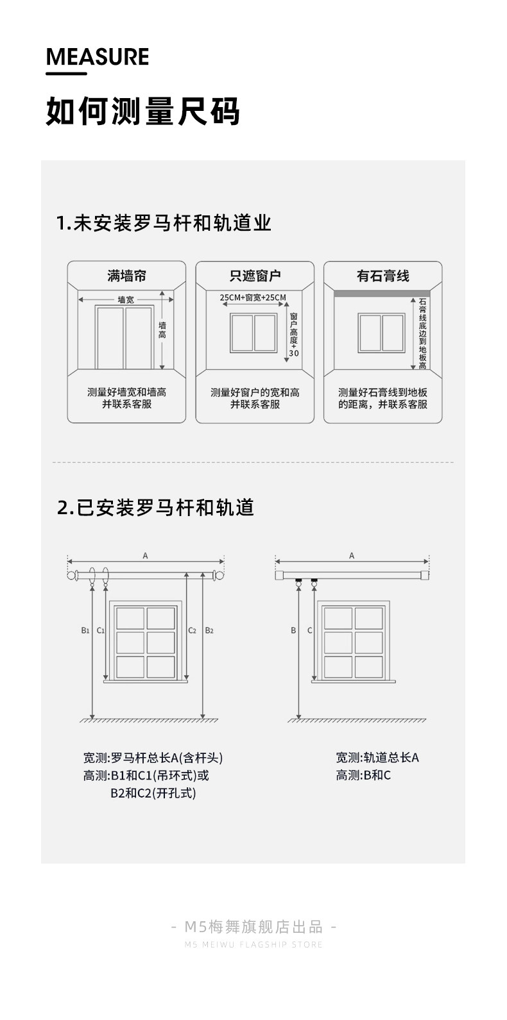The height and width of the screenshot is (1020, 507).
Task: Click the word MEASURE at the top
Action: click(98, 57)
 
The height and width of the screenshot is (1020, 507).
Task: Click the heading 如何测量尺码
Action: click(142, 112)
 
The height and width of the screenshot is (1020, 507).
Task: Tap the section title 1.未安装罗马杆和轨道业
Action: click(164, 223)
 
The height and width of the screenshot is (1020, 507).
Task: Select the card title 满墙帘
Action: click(126, 276)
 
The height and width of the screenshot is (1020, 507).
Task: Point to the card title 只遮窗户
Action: click(255, 276)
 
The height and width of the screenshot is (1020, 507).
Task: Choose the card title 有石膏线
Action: click(382, 276)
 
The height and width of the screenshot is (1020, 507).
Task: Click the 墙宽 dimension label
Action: click(126, 299)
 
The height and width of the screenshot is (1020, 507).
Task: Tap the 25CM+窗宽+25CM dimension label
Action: click(252, 297)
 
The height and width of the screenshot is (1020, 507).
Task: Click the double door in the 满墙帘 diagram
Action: click(125, 337)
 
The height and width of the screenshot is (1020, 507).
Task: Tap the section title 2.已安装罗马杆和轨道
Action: click(156, 508)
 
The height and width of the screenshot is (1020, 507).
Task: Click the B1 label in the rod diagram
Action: click(85, 630)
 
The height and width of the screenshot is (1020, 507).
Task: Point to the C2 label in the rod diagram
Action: click(192, 630)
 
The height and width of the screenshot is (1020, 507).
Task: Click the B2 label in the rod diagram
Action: click(209, 630)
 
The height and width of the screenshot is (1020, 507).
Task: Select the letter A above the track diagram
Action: click(352, 556)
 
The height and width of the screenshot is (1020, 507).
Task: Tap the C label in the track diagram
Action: click(309, 630)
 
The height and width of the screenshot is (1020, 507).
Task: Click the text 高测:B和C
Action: click(363, 775)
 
